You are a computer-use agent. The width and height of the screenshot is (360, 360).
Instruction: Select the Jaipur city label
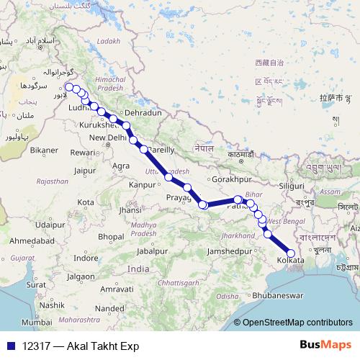coord(84,171)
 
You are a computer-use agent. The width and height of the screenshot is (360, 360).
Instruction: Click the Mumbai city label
coord(36,322)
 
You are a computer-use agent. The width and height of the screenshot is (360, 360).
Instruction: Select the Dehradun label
coord(143,113)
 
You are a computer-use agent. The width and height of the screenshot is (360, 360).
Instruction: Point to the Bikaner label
coord(43,150)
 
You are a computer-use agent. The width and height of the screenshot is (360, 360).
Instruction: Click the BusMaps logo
coord(325,345)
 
